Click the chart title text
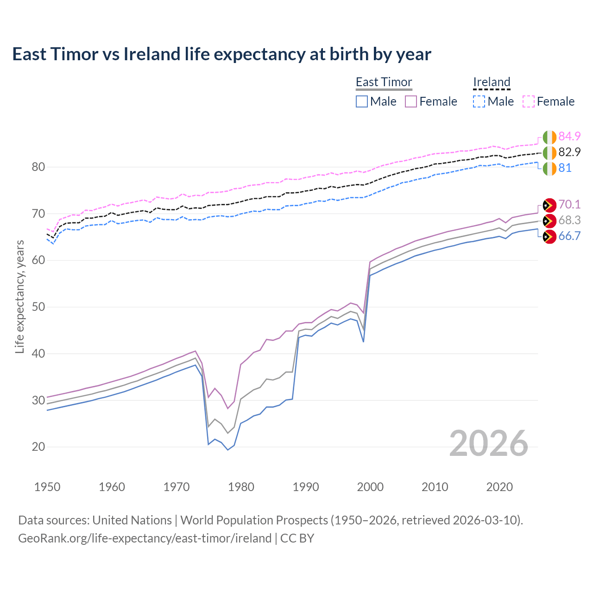221,54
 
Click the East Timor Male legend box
362,101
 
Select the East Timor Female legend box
411,101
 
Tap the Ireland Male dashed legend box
479,101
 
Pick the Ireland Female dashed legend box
529,101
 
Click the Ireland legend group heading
492,82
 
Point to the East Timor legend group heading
384,82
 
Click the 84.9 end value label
569,136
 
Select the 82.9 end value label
569,152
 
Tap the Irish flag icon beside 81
549,168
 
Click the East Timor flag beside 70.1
549,205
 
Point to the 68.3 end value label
569,220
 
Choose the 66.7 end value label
569,236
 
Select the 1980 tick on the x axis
241,487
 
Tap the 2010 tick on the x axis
435,487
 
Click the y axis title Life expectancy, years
19,296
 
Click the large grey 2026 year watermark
488,443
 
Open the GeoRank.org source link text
145,538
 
